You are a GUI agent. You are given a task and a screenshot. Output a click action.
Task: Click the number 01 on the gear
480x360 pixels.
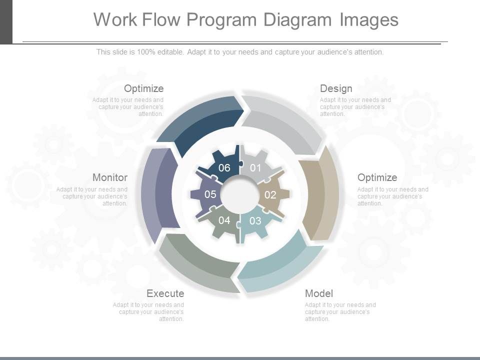255,168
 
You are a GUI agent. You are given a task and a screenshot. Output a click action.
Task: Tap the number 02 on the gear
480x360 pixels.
270,195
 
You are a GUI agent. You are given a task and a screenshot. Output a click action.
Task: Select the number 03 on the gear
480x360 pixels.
255,220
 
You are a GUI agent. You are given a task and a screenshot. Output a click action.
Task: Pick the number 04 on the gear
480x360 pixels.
224,220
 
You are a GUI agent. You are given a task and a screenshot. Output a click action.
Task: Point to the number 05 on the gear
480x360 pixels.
210,194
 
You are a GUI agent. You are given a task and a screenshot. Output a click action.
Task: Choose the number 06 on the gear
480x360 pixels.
224,168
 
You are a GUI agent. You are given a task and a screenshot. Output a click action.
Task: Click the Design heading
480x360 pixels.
336,88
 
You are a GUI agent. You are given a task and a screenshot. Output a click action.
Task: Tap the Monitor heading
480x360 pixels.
110,177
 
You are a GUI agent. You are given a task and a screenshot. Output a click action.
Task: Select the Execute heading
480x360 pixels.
165,293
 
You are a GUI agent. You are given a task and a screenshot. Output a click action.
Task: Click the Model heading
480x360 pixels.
319,293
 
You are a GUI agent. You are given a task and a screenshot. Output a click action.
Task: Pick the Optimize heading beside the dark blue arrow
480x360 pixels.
143,88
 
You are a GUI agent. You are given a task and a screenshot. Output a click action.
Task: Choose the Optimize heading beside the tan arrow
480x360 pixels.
377,177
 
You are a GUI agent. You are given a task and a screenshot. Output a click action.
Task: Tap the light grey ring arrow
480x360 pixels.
282,122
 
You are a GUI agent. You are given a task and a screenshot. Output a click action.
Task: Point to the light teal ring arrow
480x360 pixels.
280,265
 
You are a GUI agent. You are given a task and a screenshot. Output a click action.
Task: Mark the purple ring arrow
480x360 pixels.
157,192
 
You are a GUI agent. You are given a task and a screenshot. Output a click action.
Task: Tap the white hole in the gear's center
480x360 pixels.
240,194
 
